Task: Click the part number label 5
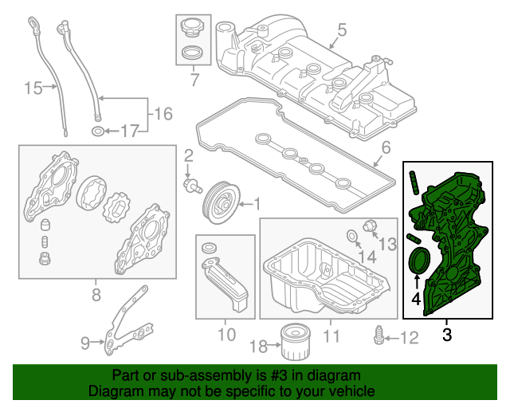[341, 30]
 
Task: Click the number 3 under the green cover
[446, 335]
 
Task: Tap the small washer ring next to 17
[96, 130]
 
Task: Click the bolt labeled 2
[190, 184]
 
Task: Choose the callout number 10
[226, 335]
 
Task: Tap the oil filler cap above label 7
[192, 29]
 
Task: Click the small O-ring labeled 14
[351, 235]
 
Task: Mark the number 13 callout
[386, 243]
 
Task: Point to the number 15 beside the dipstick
[32, 88]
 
